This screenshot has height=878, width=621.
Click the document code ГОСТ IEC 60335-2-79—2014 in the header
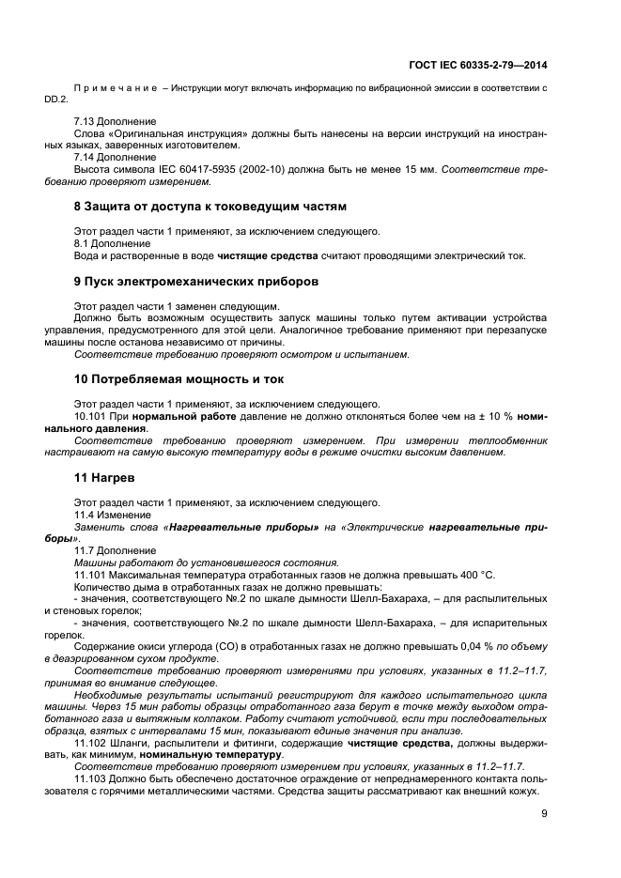point(478,65)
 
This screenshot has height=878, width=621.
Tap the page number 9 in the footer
point(544,815)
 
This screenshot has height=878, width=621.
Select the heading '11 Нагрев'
point(104,478)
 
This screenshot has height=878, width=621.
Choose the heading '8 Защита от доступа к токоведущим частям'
point(210,205)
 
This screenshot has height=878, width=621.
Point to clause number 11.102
point(90,743)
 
